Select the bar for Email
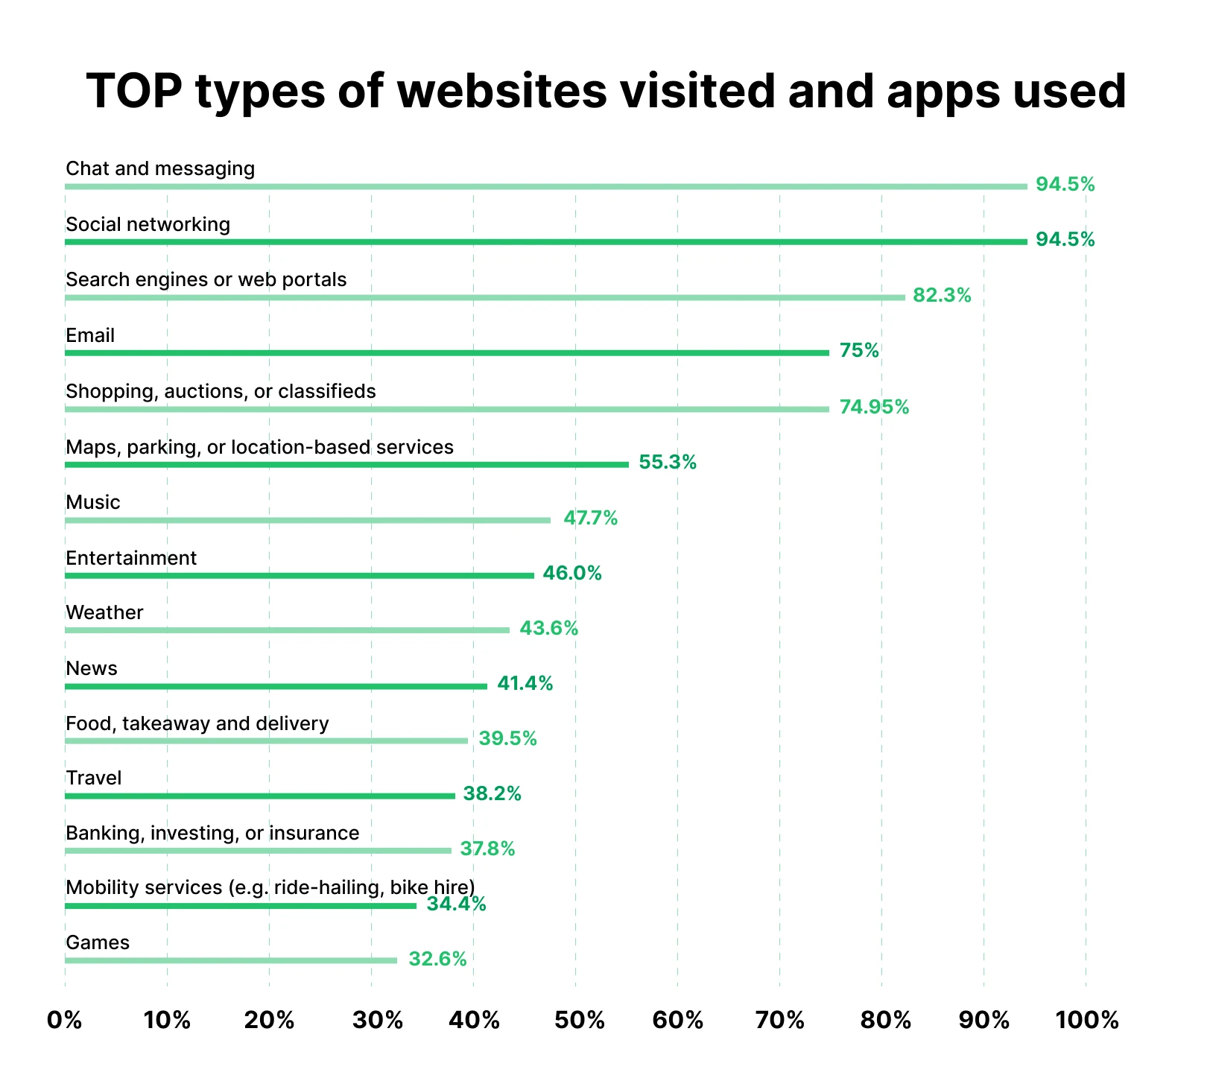tap(447, 353)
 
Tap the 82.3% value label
tap(942, 296)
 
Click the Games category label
tap(98, 942)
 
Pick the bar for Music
tap(308, 520)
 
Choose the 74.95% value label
tap(874, 407)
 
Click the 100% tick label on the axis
tap(1087, 1020)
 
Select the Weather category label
tap(104, 612)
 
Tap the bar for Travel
tap(260, 796)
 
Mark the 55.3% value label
tap(668, 463)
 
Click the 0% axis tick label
tap(65, 1020)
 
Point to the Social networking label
tap(148, 224)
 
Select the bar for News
tap(276, 686)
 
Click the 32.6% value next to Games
tap(437, 959)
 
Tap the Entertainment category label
tap(131, 558)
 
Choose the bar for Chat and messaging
tap(546, 186)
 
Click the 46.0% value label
tap(571, 573)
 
